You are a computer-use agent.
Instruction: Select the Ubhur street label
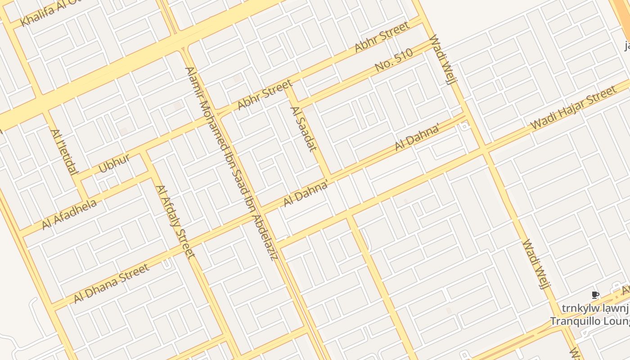(x=114, y=163)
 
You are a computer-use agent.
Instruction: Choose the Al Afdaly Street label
(x=175, y=222)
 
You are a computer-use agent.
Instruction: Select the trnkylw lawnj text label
(x=595, y=309)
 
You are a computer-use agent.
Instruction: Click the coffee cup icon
(x=595, y=295)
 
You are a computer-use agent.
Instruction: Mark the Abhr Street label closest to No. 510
(x=382, y=36)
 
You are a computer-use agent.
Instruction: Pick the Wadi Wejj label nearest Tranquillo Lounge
(x=537, y=264)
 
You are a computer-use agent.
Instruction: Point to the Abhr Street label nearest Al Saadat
(x=265, y=95)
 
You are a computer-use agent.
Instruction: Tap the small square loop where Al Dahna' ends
(x=464, y=126)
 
